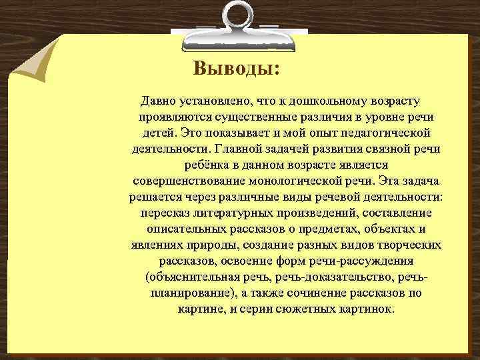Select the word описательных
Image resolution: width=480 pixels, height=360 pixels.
[x=185, y=229]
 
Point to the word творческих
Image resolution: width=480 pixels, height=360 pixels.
[x=411, y=245]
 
